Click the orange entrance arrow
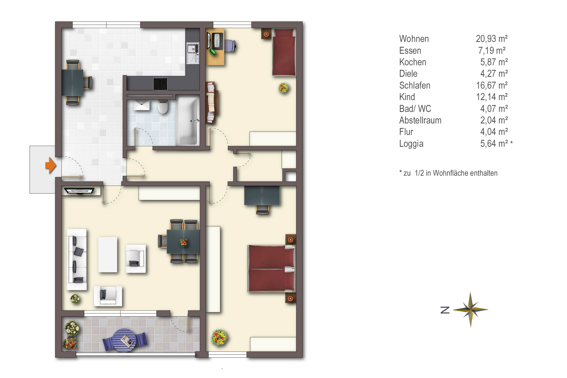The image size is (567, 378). point(50,165)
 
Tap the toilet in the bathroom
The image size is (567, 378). point(163,107)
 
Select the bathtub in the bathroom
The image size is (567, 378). point(188,121)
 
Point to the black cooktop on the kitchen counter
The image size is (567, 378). point(160,84)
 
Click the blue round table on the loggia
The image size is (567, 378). point(125,340)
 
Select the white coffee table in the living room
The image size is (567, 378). point(108,255)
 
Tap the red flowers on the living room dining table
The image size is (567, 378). point(183,242)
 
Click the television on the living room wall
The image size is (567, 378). point(79,191)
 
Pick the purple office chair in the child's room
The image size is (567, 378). point(230,46)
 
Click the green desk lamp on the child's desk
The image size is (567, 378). point(213,52)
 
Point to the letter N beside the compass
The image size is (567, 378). point(445,310)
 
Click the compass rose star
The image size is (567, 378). point(471,310)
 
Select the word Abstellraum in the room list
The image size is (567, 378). point(420,120)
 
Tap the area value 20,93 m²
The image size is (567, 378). point(492,39)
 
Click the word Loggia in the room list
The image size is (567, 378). point(411,144)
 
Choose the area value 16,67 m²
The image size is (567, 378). point(492,85)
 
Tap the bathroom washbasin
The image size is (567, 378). point(142,105)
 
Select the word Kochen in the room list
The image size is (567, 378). point(413,62)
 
